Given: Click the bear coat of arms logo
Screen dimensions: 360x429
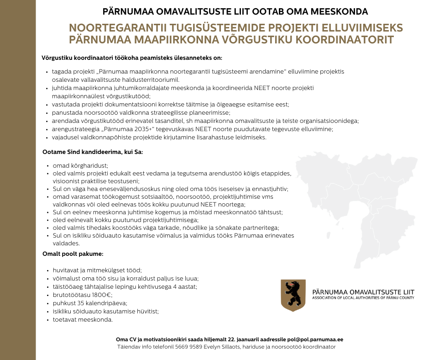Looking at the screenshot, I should (x=293, y=295).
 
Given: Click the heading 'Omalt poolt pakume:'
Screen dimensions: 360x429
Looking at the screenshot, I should (x=73, y=253).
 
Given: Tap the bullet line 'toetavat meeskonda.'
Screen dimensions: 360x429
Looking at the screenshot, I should (x=83, y=319).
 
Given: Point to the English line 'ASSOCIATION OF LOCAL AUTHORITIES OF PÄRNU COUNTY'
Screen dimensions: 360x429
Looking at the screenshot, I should (x=363, y=298).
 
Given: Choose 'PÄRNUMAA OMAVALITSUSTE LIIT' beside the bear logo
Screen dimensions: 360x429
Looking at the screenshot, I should (x=363, y=291).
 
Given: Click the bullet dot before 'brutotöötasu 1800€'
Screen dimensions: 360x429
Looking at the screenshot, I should (x=48, y=295).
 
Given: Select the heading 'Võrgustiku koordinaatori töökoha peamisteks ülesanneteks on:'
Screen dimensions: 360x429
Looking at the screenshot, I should (x=132, y=58).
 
